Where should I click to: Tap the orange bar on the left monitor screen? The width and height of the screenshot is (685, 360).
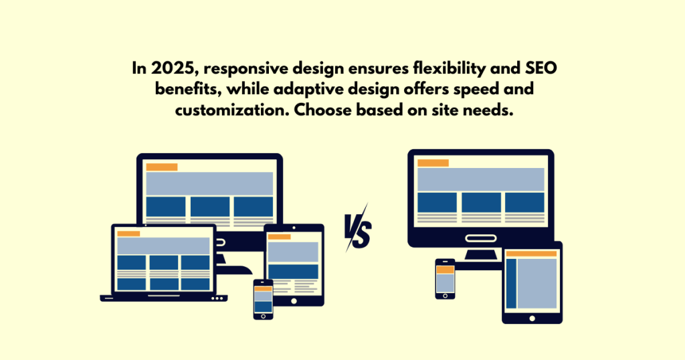coord(162,167)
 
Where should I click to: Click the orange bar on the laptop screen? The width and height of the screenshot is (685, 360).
coord(128,234)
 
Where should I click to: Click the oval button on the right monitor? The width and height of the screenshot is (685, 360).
coord(480,238)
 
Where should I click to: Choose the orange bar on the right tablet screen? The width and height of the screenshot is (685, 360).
coord(531,254)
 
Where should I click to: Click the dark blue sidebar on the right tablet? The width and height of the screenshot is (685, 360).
coord(511,283)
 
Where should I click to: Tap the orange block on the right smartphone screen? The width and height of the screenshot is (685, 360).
coord(445,270)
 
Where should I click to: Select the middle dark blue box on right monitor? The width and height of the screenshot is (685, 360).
coord(481,202)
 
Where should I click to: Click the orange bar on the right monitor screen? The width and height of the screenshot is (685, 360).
coord(433,163)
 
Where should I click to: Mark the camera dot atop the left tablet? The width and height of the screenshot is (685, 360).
coord(294,228)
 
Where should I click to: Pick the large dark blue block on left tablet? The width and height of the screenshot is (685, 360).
coord(294,271)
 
